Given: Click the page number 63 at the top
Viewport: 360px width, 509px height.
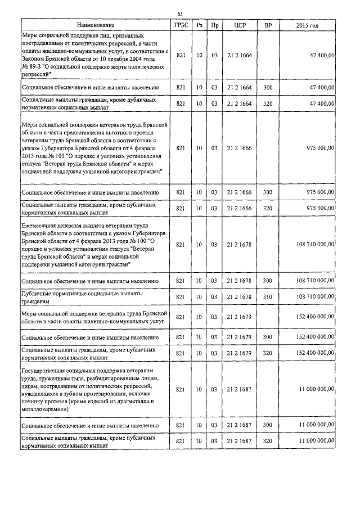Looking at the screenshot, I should [x=179, y=13].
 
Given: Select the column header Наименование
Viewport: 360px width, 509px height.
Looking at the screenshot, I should [x=96, y=25].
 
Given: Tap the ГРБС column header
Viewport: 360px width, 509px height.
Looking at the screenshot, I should [x=181, y=25].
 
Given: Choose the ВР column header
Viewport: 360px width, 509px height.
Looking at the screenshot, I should [x=268, y=25].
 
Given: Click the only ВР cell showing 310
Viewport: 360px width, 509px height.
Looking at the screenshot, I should [x=268, y=296].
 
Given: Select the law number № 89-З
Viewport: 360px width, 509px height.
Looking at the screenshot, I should [x=33, y=66].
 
